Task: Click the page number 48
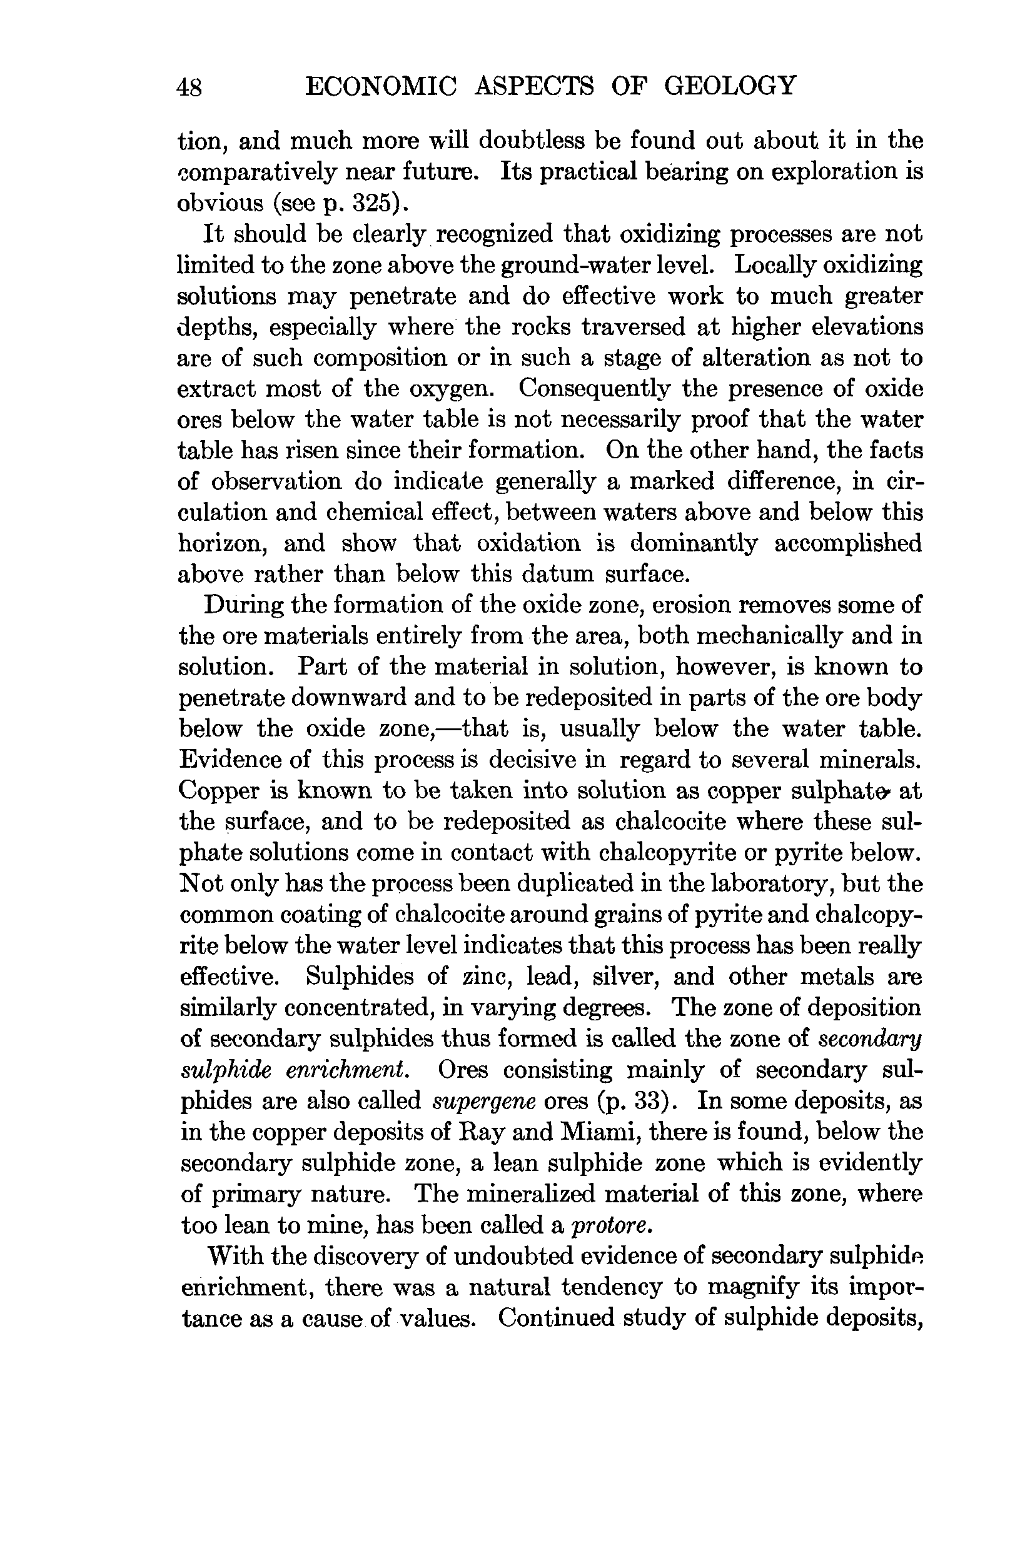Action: tap(190, 87)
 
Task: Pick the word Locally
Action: tap(774, 265)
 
